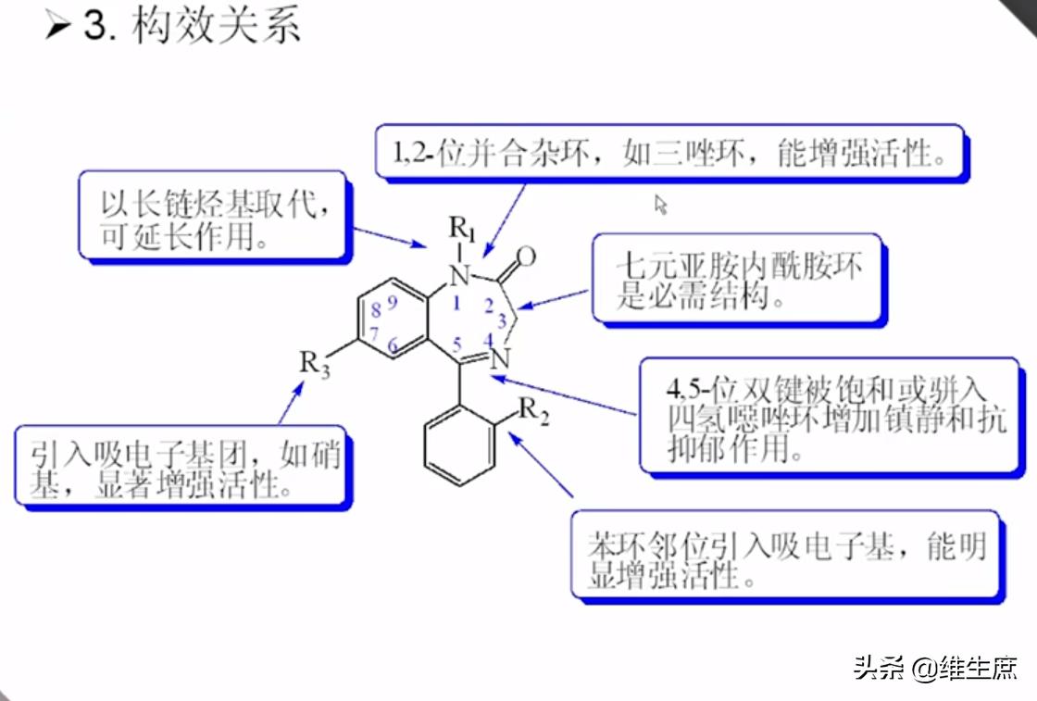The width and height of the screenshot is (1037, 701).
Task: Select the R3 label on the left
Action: (314, 364)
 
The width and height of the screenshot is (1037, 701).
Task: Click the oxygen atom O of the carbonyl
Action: (526, 255)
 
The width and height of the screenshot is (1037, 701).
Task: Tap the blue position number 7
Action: (374, 332)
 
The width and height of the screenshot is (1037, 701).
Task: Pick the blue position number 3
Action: (501, 321)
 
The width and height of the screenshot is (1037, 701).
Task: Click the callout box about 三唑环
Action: (670, 152)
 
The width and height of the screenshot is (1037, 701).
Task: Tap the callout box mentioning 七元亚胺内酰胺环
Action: (738, 280)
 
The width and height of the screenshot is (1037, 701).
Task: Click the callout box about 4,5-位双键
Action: (832, 417)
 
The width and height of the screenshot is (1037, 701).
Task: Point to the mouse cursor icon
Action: (660, 204)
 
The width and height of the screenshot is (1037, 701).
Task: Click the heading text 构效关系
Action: (217, 26)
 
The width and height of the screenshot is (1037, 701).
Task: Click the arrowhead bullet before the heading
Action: (57, 27)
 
